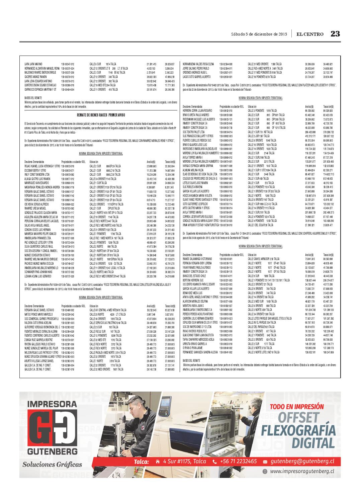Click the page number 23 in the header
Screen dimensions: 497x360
tap(335, 34)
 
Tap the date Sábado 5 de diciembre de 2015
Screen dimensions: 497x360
tap(259, 34)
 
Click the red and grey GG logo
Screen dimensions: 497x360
tap(52, 426)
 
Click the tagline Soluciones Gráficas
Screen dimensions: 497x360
tap(52, 465)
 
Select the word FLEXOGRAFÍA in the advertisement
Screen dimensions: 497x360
tap(298, 430)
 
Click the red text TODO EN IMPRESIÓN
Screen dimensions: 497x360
tap(297, 407)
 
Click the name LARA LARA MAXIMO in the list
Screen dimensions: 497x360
tap(33, 64)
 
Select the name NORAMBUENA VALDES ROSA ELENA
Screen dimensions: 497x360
tap(198, 64)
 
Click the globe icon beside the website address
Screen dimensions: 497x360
tap(265, 471)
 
